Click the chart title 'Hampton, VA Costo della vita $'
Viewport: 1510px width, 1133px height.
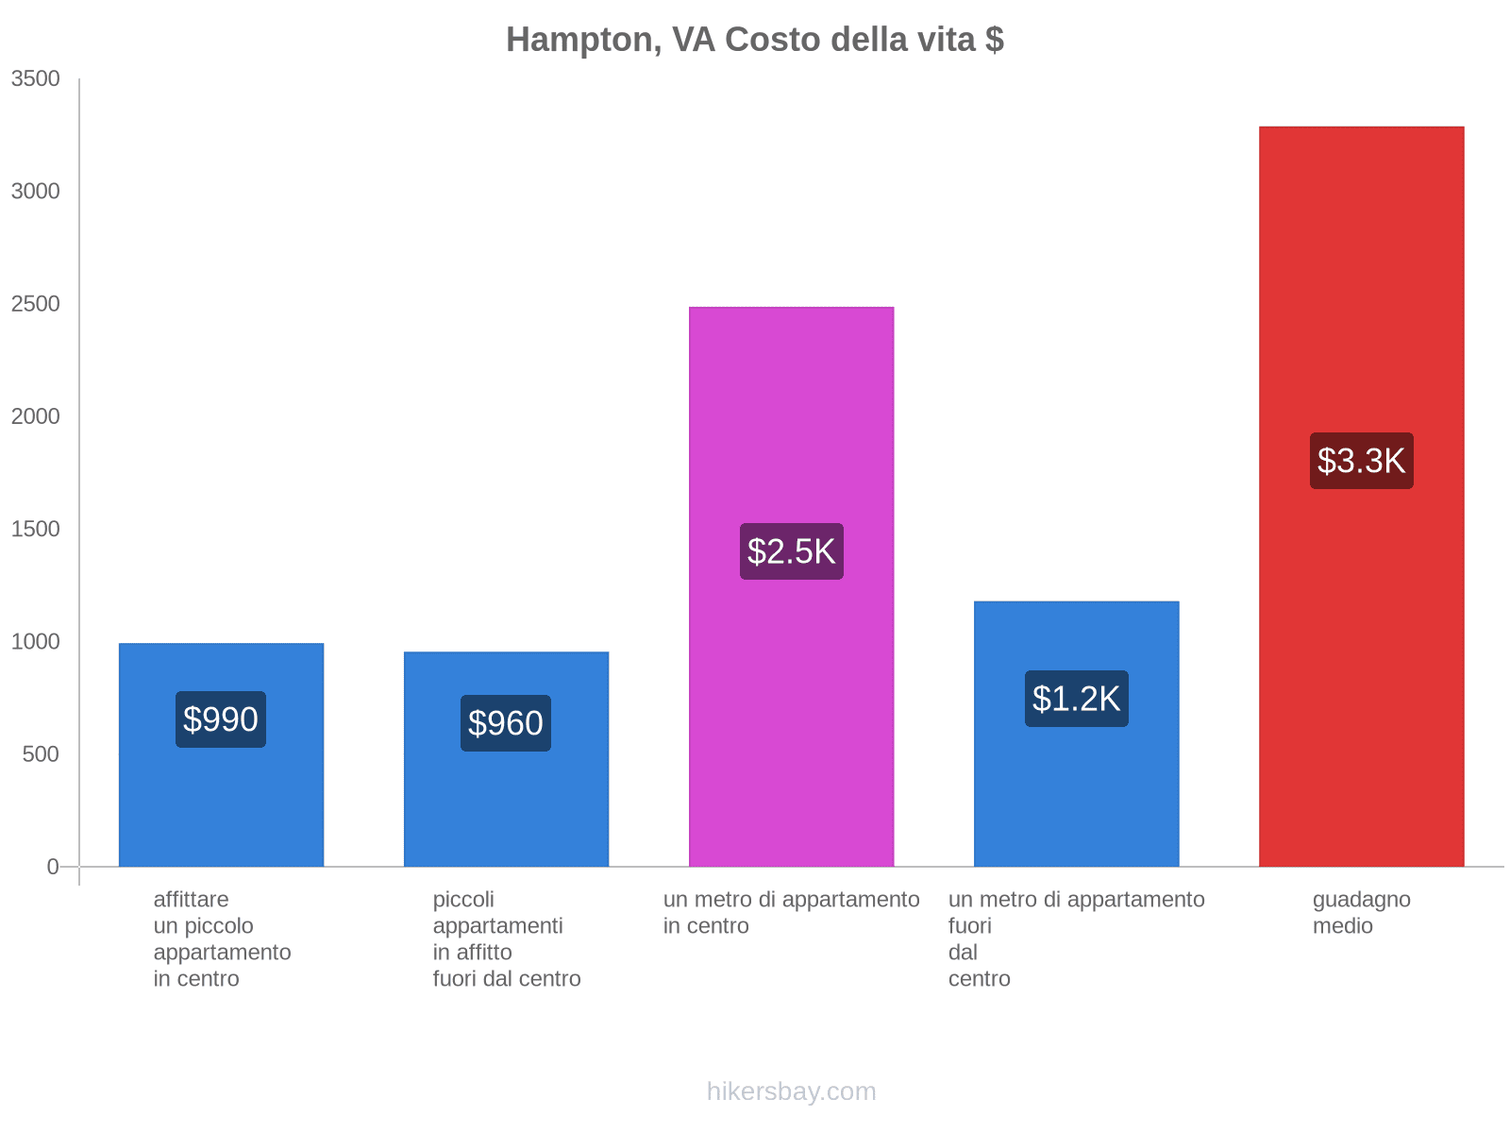754,40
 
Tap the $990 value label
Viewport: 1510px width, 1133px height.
221,719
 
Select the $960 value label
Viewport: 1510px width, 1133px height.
506,723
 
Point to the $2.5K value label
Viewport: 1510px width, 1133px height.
791,551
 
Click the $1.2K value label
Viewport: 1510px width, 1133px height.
1076,699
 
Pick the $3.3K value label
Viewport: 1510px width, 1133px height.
1361,461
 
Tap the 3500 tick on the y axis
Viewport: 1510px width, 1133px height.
36,79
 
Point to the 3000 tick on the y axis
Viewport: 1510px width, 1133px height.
36,192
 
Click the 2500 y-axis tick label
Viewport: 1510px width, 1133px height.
36,304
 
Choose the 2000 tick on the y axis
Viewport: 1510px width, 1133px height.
36,416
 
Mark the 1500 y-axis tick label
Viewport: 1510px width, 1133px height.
36,529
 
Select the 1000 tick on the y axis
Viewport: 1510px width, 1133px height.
36,642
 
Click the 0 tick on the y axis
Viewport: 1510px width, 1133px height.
53,867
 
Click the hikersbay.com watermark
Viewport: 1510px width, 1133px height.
791,1091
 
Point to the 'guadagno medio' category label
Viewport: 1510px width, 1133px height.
1361,913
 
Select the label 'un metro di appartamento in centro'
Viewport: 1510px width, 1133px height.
791,913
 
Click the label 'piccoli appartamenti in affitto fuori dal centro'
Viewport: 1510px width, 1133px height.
507,939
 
